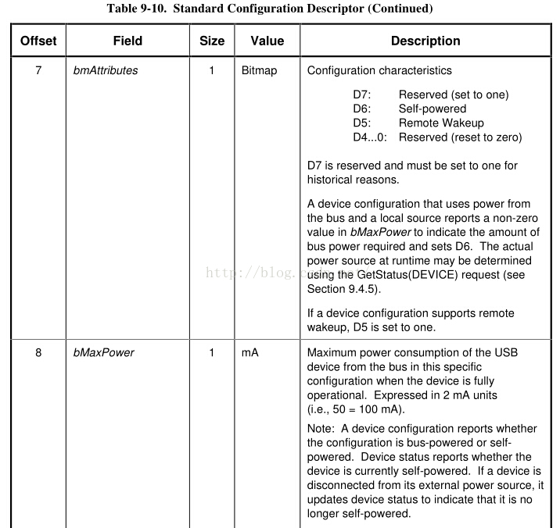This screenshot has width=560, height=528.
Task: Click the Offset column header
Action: click(x=38, y=41)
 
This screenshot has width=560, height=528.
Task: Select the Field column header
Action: click(x=127, y=41)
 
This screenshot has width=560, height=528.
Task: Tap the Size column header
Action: click(x=211, y=41)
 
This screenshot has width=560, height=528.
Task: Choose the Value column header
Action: click(x=267, y=41)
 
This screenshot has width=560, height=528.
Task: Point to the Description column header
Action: click(x=425, y=41)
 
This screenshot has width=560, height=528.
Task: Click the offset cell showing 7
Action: click(x=38, y=70)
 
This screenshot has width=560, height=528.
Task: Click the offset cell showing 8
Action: click(x=38, y=352)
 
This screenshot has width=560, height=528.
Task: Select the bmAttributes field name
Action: click(x=106, y=70)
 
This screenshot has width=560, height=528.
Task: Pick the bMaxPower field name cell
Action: click(x=104, y=352)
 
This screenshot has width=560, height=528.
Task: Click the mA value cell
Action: click(x=250, y=352)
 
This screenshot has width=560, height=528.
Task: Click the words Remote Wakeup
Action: click(x=441, y=123)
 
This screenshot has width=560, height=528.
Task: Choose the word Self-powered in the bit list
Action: click(x=432, y=109)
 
